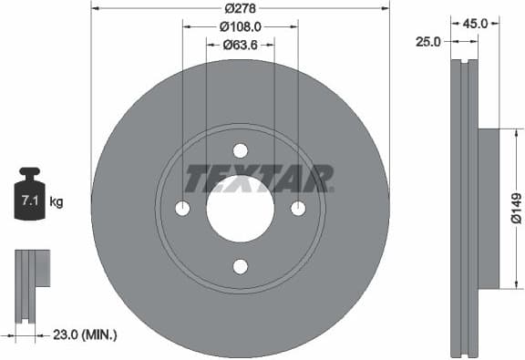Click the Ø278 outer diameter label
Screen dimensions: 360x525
point(241,8)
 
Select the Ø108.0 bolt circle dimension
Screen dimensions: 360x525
point(241,27)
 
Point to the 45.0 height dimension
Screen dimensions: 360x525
point(476,25)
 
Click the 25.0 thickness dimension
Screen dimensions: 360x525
point(428,41)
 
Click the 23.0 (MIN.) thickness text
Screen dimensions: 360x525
point(87,334)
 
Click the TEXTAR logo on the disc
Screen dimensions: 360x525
point(258,179)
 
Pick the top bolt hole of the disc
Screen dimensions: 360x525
point(241,150)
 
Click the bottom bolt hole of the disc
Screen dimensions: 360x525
point(241,266)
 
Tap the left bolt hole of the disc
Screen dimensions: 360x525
point(182,209)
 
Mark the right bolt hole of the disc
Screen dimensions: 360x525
point(298,209)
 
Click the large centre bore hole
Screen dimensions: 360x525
point(241,209)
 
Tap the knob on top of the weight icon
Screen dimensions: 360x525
point(29,172)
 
